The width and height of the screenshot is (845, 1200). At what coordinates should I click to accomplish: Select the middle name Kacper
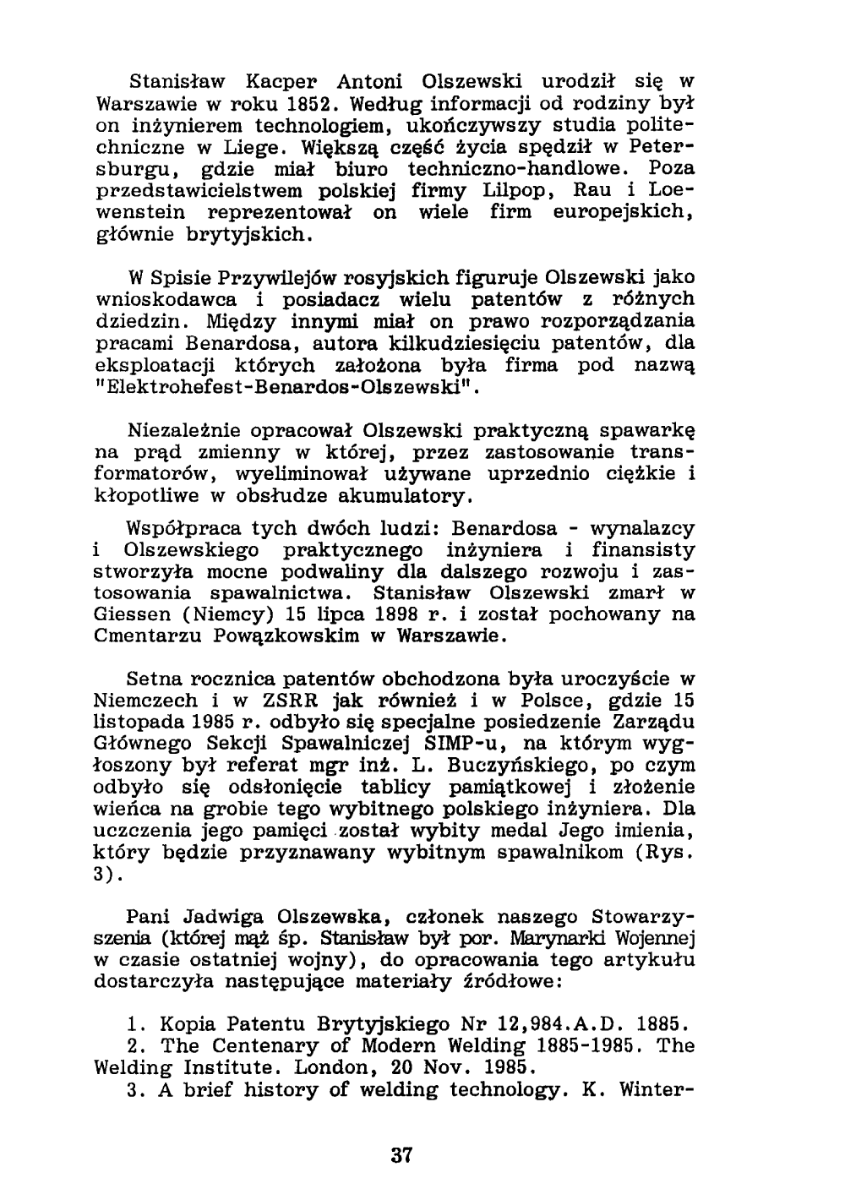(x=281, y=83)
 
